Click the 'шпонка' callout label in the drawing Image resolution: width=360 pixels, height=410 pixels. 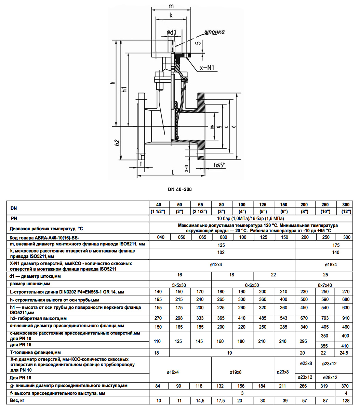tap(214, 32)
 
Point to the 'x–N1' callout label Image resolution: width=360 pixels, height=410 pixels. tap(207, 68)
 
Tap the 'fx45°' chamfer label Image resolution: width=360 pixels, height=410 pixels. tap(219, 165)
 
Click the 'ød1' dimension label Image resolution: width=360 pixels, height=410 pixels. tap(171, 32)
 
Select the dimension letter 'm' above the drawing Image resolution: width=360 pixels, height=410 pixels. tap(171, 6)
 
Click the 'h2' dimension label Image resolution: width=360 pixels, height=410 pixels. tap(117, 143)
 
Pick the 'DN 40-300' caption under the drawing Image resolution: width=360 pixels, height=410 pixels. tap(180, 189)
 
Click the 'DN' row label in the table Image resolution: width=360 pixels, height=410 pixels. tap(14, 208)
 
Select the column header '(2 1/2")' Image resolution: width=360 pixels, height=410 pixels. tap(200, 211)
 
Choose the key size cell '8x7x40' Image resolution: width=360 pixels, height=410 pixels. tap(325, 285)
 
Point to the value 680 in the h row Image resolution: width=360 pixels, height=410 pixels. tap(346, 299)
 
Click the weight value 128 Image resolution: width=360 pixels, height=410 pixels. tap(346, 400)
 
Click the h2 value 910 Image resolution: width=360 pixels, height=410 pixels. tap(346, 318)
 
